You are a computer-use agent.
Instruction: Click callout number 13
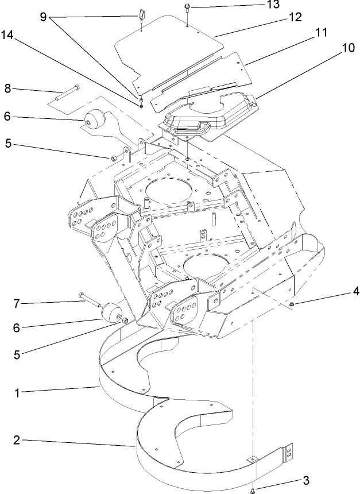click(x=257, y=5)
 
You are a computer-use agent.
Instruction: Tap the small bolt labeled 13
click(x=188, y=8)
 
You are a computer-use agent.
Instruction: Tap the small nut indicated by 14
click(x=140, y=105)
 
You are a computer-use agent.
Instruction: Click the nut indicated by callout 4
click(x=292, y=303)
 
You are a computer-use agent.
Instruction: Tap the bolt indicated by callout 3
click(x=253, y=489)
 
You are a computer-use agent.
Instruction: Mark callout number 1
click(x=17, y=394)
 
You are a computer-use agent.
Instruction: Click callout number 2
click(x=17, y=441)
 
